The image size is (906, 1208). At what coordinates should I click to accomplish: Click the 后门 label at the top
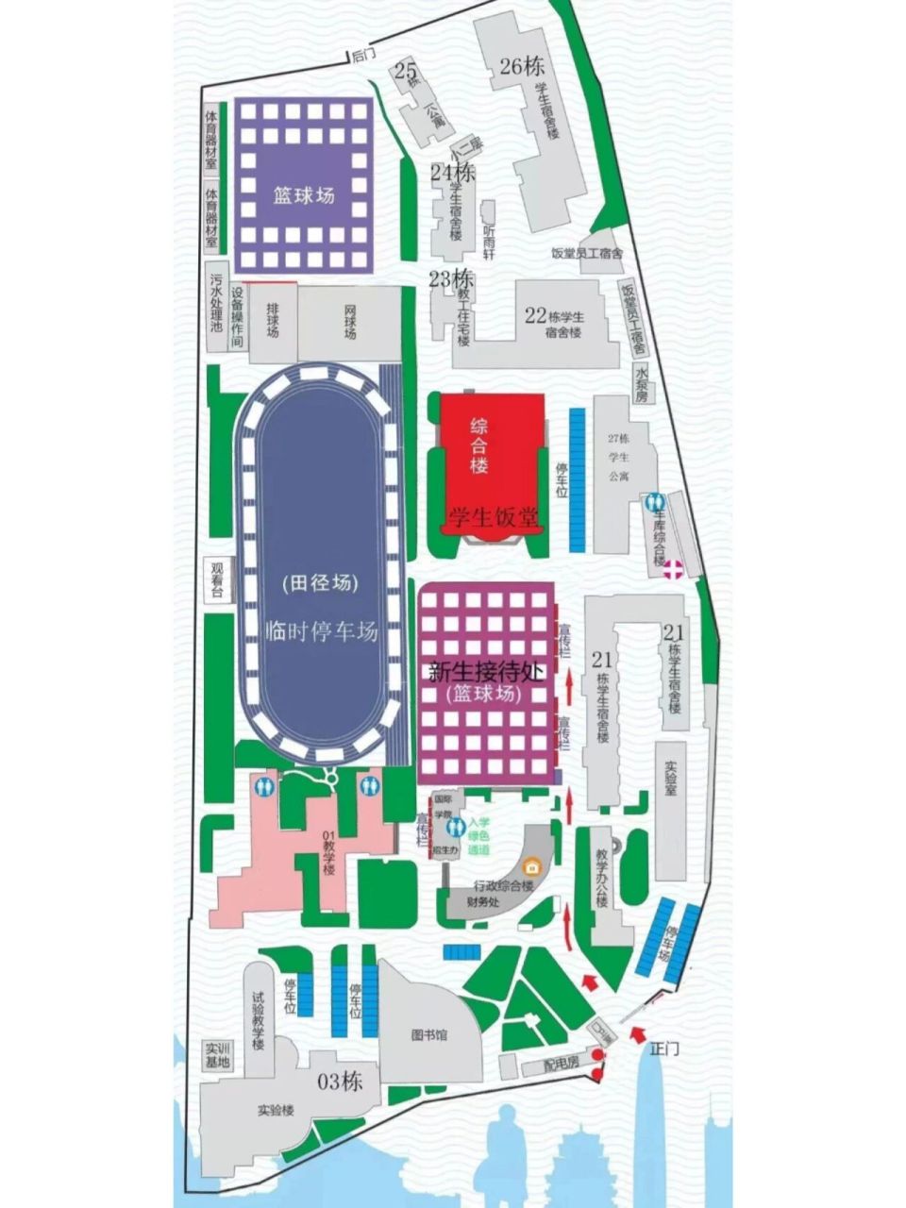click(x=363, y=56)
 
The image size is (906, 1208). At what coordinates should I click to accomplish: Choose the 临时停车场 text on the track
click(x=322, y=631)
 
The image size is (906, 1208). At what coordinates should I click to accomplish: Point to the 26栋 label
click(x=522, y=66)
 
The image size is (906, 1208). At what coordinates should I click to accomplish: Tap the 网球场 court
click(x=350, y=321)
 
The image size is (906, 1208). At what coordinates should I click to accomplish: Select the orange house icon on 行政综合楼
click(x=532, y=866)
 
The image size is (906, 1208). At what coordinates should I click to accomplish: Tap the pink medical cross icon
click(x=673, y=568)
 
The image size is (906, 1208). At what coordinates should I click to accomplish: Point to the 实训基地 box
click(x=218, y=1055)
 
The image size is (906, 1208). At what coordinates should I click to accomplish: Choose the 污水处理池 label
click(x=216, y=303)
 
